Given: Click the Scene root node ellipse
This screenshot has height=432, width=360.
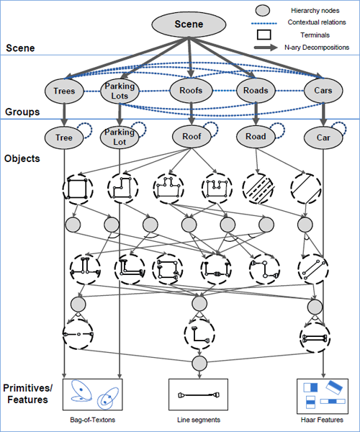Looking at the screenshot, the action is click(189, 24).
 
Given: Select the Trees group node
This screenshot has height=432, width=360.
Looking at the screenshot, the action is click(64, 91).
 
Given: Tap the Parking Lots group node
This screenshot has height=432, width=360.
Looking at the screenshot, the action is click(120, 91).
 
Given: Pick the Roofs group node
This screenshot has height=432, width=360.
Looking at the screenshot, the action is click(191, 91).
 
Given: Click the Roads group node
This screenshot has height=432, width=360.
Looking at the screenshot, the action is click(256, 91).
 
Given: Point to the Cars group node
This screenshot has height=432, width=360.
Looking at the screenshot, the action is click(323, 91).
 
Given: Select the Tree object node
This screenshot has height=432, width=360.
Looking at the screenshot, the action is click(64, 138).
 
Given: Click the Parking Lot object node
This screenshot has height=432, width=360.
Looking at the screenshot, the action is click(120, 138).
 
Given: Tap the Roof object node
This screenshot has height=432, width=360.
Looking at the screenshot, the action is click(192, 136).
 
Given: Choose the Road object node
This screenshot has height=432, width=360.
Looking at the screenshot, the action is click(256, 136).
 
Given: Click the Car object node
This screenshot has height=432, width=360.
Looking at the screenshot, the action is click(323, 138).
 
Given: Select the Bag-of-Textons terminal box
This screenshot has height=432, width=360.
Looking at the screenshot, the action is click(93, 395).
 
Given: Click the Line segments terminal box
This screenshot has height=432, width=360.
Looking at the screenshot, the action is click(198, 395).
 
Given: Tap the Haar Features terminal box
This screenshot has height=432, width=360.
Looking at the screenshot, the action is click(323, 396).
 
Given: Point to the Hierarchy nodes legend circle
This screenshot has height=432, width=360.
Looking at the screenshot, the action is click(263, 11).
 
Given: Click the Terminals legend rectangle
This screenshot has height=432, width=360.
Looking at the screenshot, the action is click(264, 35).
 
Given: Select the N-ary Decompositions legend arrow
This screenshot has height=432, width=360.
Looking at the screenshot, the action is click(266, 48).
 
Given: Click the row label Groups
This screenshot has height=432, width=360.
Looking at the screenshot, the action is click(22, 112).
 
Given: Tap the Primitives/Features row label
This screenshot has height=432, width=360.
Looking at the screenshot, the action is click(27, 394).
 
